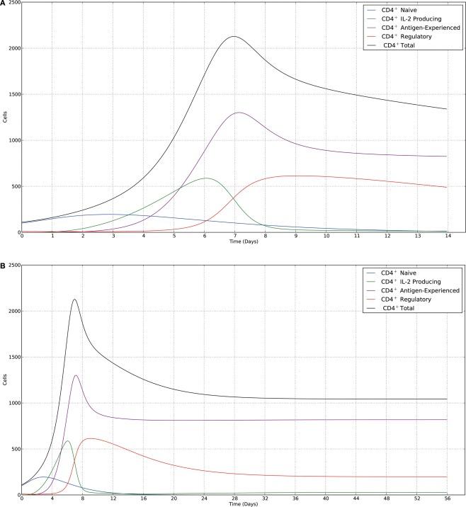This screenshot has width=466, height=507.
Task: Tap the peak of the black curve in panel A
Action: (x=234, y=36)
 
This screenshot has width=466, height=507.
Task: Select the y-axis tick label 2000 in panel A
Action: (x=12, y=48)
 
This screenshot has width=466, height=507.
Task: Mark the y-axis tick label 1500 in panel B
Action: (x=12, y=357)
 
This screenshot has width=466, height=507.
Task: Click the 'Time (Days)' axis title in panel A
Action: (x=234, y=243)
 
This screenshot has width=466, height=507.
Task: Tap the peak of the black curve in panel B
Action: (x=74, y=299)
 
